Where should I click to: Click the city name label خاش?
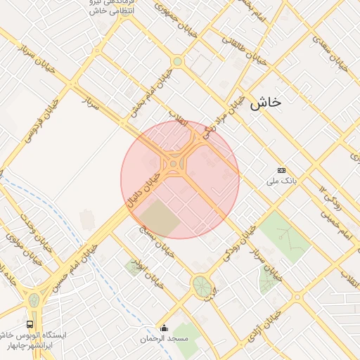pos(265,103)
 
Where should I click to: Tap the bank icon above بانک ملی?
pos(282,170)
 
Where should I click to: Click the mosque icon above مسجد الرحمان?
pos(164,328)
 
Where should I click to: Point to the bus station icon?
pos(30,324)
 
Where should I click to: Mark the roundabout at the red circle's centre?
pos(174,165)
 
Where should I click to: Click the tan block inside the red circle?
pos(161,218)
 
